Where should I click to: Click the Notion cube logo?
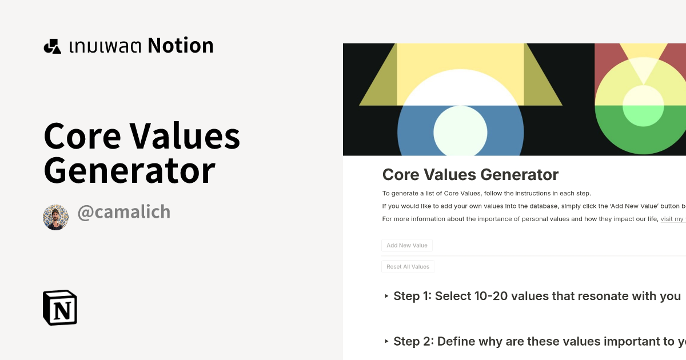pos(60,308)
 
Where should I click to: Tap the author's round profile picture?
pos(55,218)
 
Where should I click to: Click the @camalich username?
pos(123,212)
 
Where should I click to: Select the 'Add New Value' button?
pos(407,246)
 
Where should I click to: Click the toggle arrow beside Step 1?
pos(387,296)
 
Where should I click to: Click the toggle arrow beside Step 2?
pos(387,342)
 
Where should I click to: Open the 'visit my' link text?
pos(673,219)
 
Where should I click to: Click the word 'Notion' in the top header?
pos(181,46)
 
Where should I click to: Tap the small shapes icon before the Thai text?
pos(52,46)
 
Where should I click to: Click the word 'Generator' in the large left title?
pos(130,170)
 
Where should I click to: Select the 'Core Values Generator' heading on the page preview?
pos(470,175)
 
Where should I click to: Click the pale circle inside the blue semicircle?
pos(460,131)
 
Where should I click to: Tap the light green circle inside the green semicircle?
pos(643,107)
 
